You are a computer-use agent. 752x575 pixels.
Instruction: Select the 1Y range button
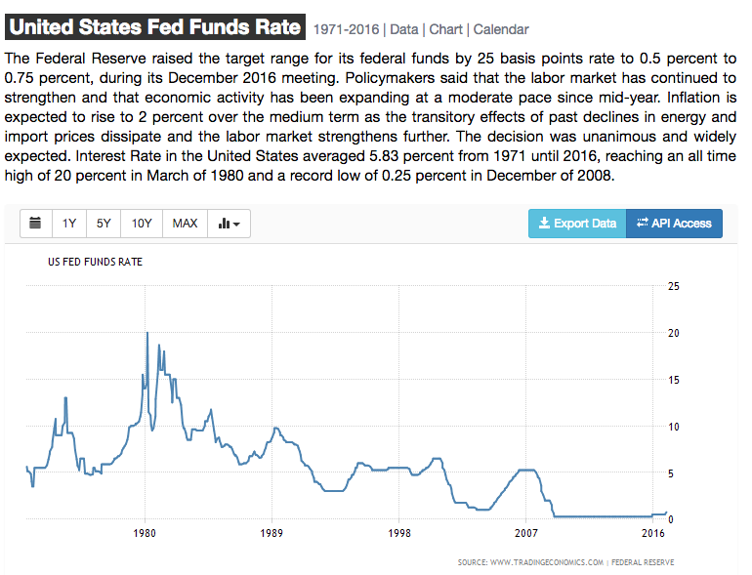[69, 224]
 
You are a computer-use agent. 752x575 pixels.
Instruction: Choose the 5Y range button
[104, 224]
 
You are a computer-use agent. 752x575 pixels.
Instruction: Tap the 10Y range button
[142, 224]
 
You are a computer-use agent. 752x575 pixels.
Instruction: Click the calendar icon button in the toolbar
[36, 224]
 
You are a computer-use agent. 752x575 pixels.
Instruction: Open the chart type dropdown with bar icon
[230, 224]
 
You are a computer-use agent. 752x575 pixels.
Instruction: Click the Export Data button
[577, 224]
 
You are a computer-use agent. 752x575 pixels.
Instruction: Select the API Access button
[674, 224]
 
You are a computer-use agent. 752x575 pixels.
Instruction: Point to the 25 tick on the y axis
[672, 286]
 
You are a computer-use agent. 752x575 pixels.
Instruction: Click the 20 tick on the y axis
[672, 333]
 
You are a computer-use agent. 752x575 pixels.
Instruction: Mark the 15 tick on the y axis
[672, 380]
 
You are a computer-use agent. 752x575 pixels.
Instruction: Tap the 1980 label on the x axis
[146, 534]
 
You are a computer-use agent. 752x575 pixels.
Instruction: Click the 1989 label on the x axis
[272, 534]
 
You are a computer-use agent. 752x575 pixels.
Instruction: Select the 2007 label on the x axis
[525, 534]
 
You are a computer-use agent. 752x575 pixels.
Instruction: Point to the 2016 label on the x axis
[652, 534]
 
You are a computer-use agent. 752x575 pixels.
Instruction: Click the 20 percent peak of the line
[146, 334]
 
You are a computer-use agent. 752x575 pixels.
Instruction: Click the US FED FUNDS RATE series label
[96, 262]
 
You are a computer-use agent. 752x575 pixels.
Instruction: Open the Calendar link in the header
[501, 30]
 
